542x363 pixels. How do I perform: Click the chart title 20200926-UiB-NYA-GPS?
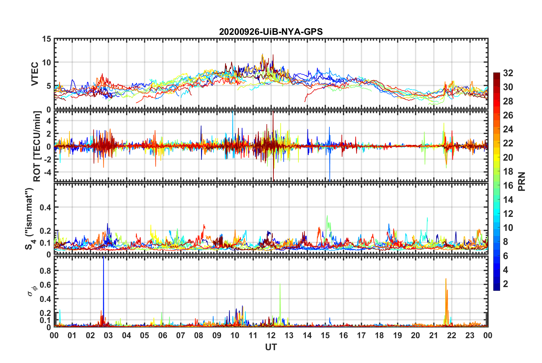[271, 31]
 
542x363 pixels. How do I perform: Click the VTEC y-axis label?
[35, 74]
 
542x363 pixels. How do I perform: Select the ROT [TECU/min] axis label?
[37, 146]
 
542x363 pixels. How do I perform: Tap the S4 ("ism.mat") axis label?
[29, 219]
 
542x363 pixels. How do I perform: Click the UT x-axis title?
[271, 347]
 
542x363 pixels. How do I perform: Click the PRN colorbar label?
[522, 181]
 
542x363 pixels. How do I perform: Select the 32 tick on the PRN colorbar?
[508, 73]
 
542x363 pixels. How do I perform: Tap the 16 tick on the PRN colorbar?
[508, 185]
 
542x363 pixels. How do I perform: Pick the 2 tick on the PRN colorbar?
[506, 284]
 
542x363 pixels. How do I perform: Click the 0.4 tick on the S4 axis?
[45, 207]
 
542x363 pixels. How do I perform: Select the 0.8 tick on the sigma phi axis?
[45, 271]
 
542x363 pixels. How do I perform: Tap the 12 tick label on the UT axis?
[271, 335]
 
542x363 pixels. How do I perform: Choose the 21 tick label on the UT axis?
[433, 335]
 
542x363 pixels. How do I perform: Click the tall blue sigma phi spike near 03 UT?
[103, 285]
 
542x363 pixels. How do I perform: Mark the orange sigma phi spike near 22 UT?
[446, 300]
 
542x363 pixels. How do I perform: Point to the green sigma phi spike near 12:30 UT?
[280, 300]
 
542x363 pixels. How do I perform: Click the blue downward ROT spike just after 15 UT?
[330, 171]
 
